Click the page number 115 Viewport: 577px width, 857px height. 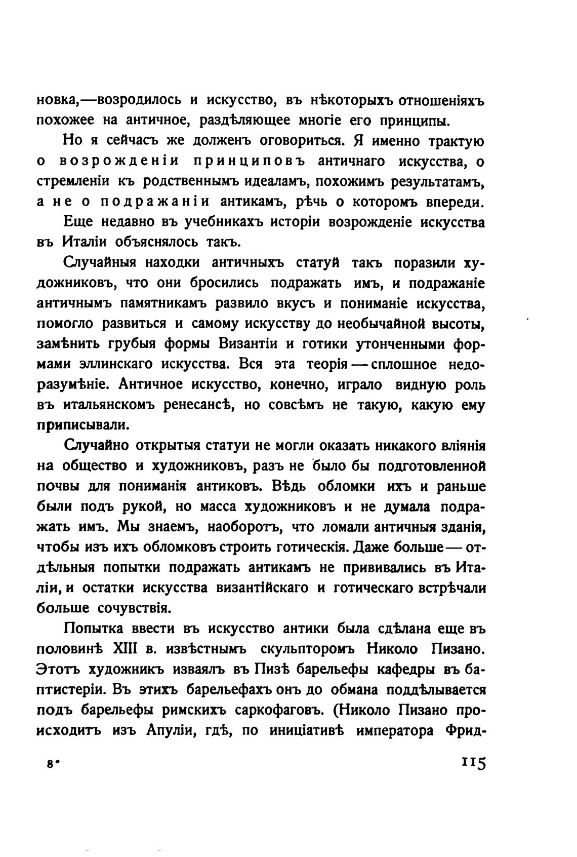(x=473, y=764)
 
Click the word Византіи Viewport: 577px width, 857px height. (x=249, y=344)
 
